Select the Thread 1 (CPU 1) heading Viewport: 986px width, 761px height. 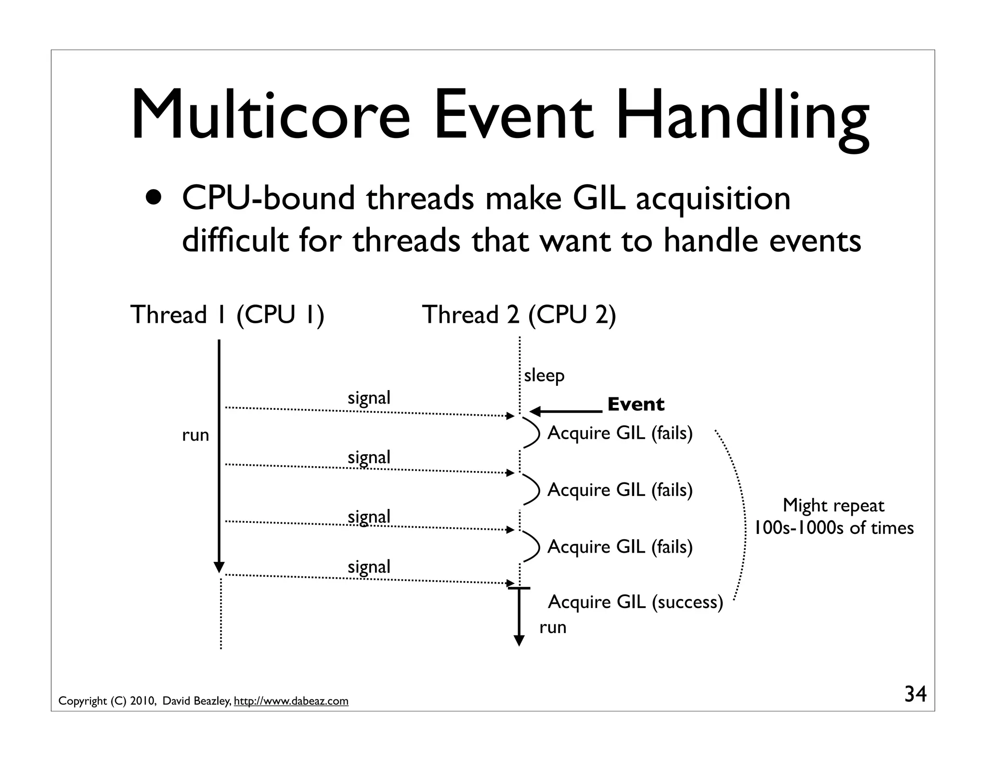pos(227,315)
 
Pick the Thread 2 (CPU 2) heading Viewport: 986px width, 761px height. pos(519,315)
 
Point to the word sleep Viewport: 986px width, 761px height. pos(544,376)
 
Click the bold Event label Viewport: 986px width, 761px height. pos(636,404)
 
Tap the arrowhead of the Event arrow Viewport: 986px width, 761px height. pos(534,411)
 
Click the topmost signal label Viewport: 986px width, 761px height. pos(369,398)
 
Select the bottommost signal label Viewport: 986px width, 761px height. pos(369,567)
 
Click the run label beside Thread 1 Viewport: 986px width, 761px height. pos(195,435)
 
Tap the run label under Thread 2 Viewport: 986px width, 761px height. pos(553,627)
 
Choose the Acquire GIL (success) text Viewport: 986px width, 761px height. pos(635,602)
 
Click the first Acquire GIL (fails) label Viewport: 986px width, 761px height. pos(620,433)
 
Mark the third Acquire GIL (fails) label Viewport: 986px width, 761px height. pos(620,546)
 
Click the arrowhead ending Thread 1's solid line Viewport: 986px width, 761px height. pos(219,567)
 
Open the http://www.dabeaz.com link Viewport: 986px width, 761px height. pos(291,701)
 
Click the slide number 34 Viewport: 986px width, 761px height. pos(915,694)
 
